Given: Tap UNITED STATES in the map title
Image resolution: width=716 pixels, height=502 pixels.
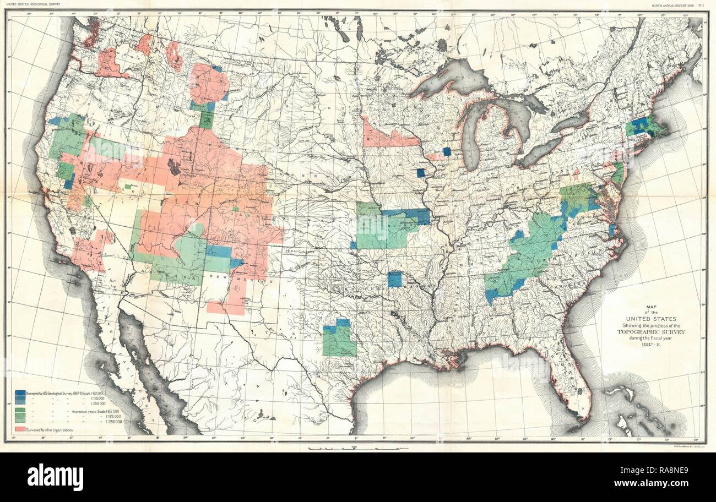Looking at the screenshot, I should click(641, 319).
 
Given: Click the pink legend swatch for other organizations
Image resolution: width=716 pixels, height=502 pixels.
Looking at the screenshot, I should click(21, 429).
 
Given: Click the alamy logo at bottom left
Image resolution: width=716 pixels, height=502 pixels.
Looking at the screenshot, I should click(55, 477).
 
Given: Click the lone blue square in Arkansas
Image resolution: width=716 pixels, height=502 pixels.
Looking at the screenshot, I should click(394, 279).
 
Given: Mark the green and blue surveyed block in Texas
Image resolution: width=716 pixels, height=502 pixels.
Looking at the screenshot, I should click(339, 338).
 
